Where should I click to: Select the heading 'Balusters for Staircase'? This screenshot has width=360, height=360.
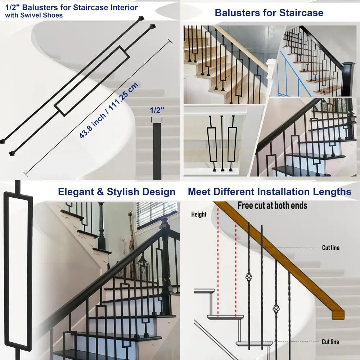click(269, 13)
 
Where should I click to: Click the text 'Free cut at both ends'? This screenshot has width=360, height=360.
click(272, 206)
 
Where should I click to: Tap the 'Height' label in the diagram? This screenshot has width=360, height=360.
click(199, 215)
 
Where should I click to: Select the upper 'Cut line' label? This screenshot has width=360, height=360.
click(330, 248)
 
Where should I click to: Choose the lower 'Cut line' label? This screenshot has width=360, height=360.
click(330, 342)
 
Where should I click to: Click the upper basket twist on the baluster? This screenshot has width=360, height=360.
click(248, 277)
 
